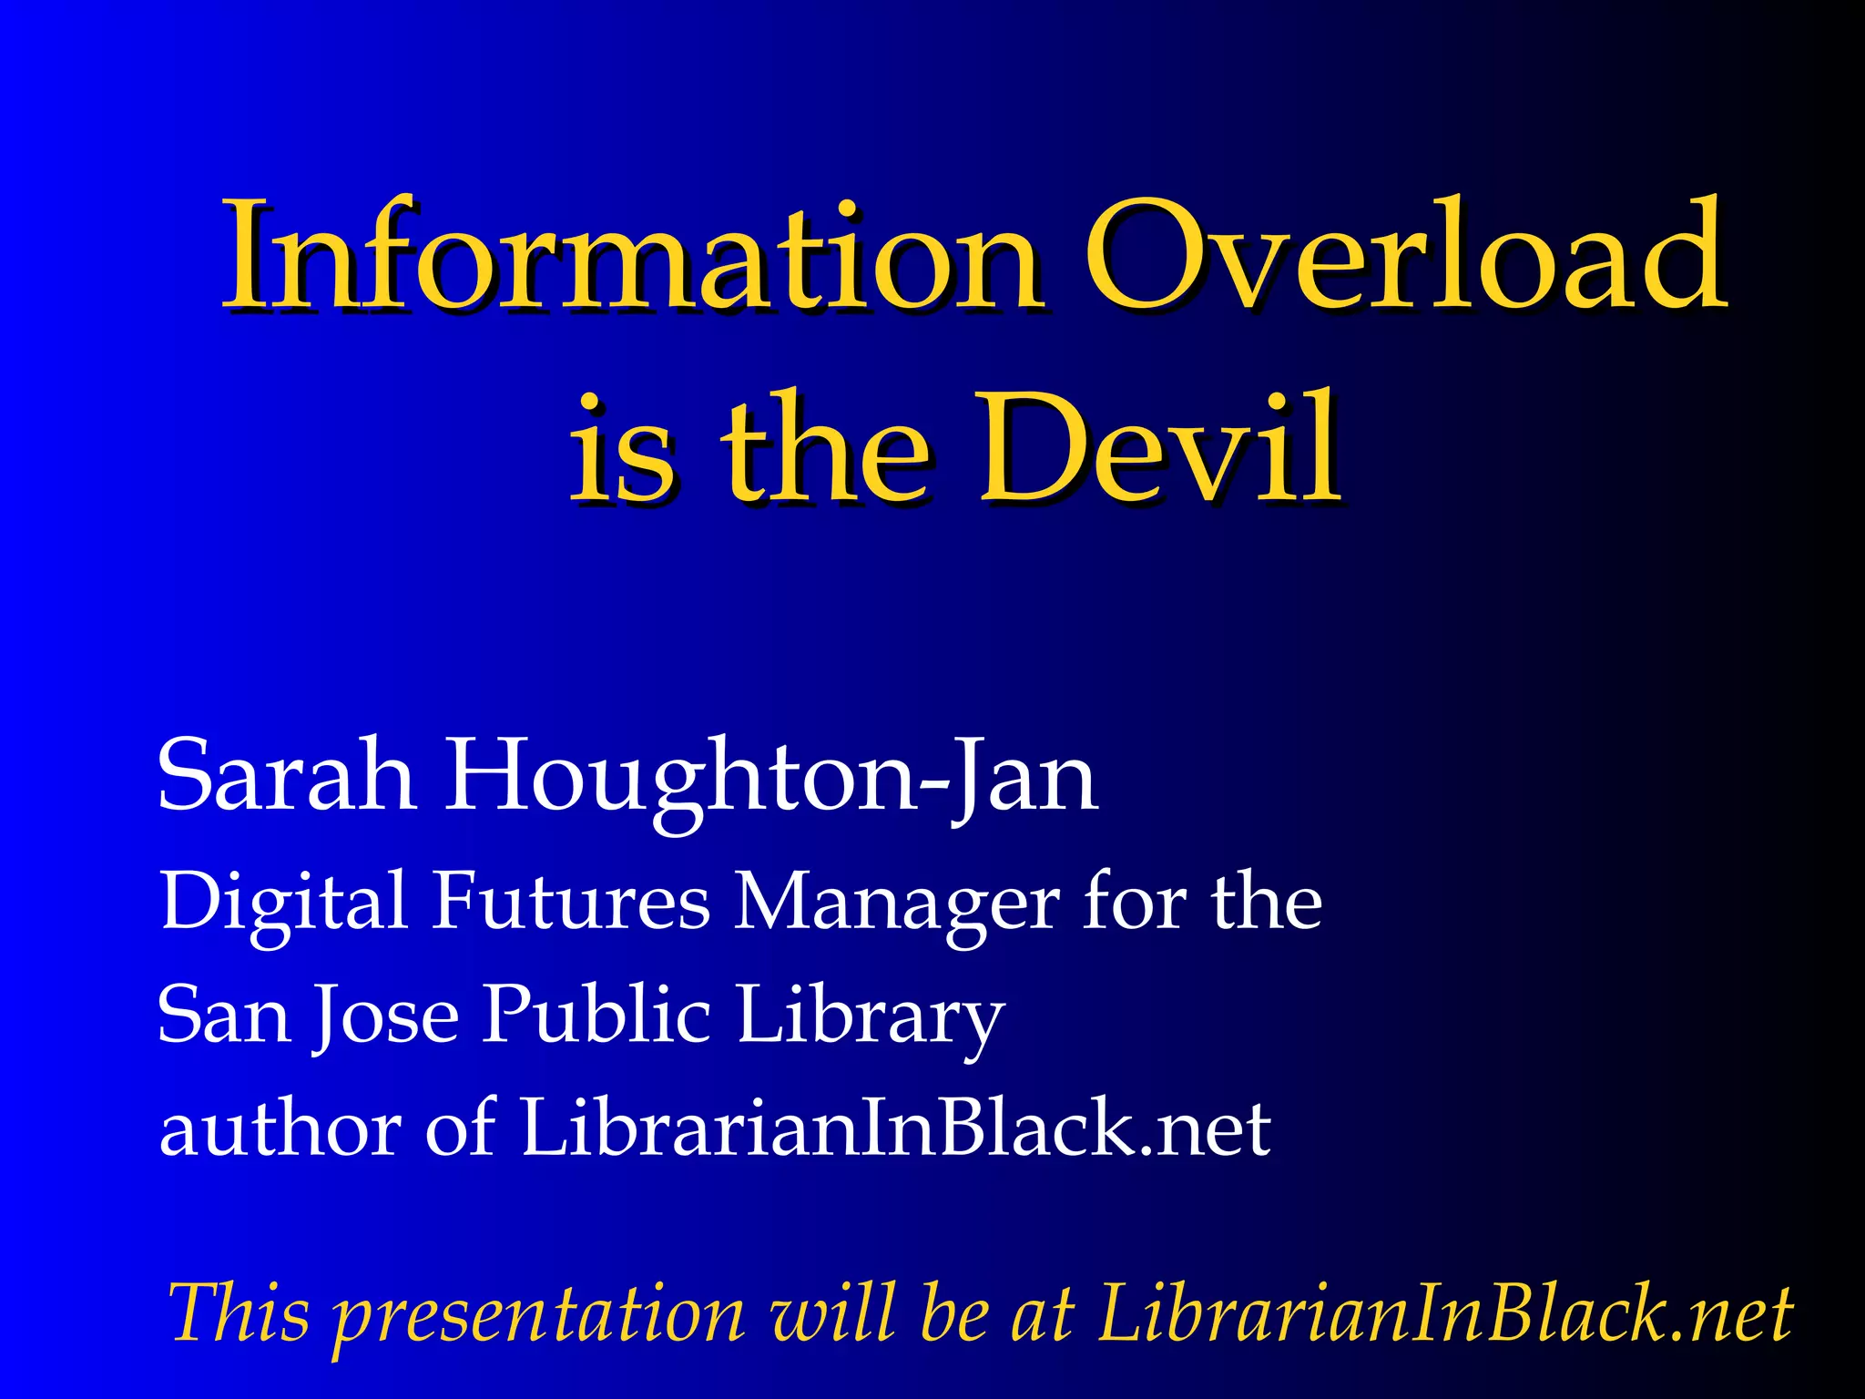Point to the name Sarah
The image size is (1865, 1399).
coord(287,775)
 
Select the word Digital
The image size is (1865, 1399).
coord(283,902)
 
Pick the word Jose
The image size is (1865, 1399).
coord(386,1016)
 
